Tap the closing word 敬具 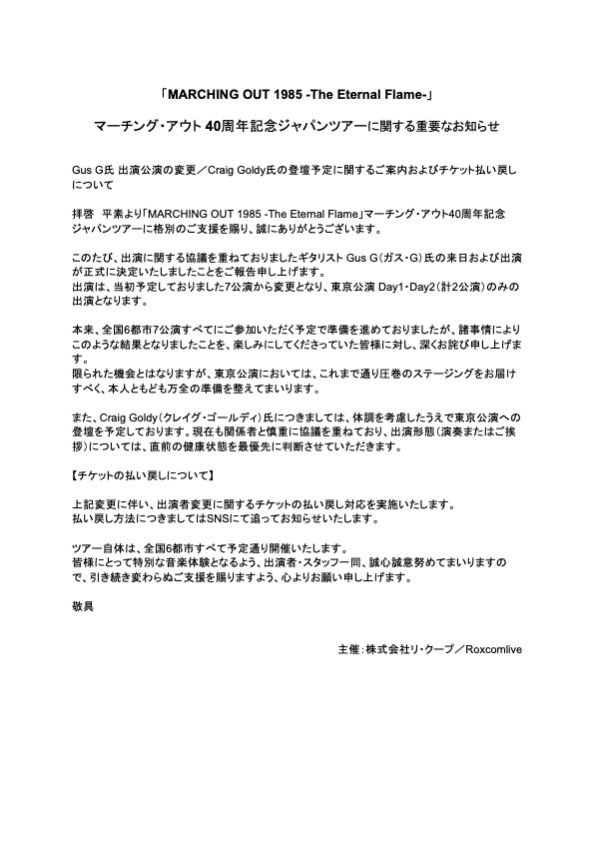click(83, 605)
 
